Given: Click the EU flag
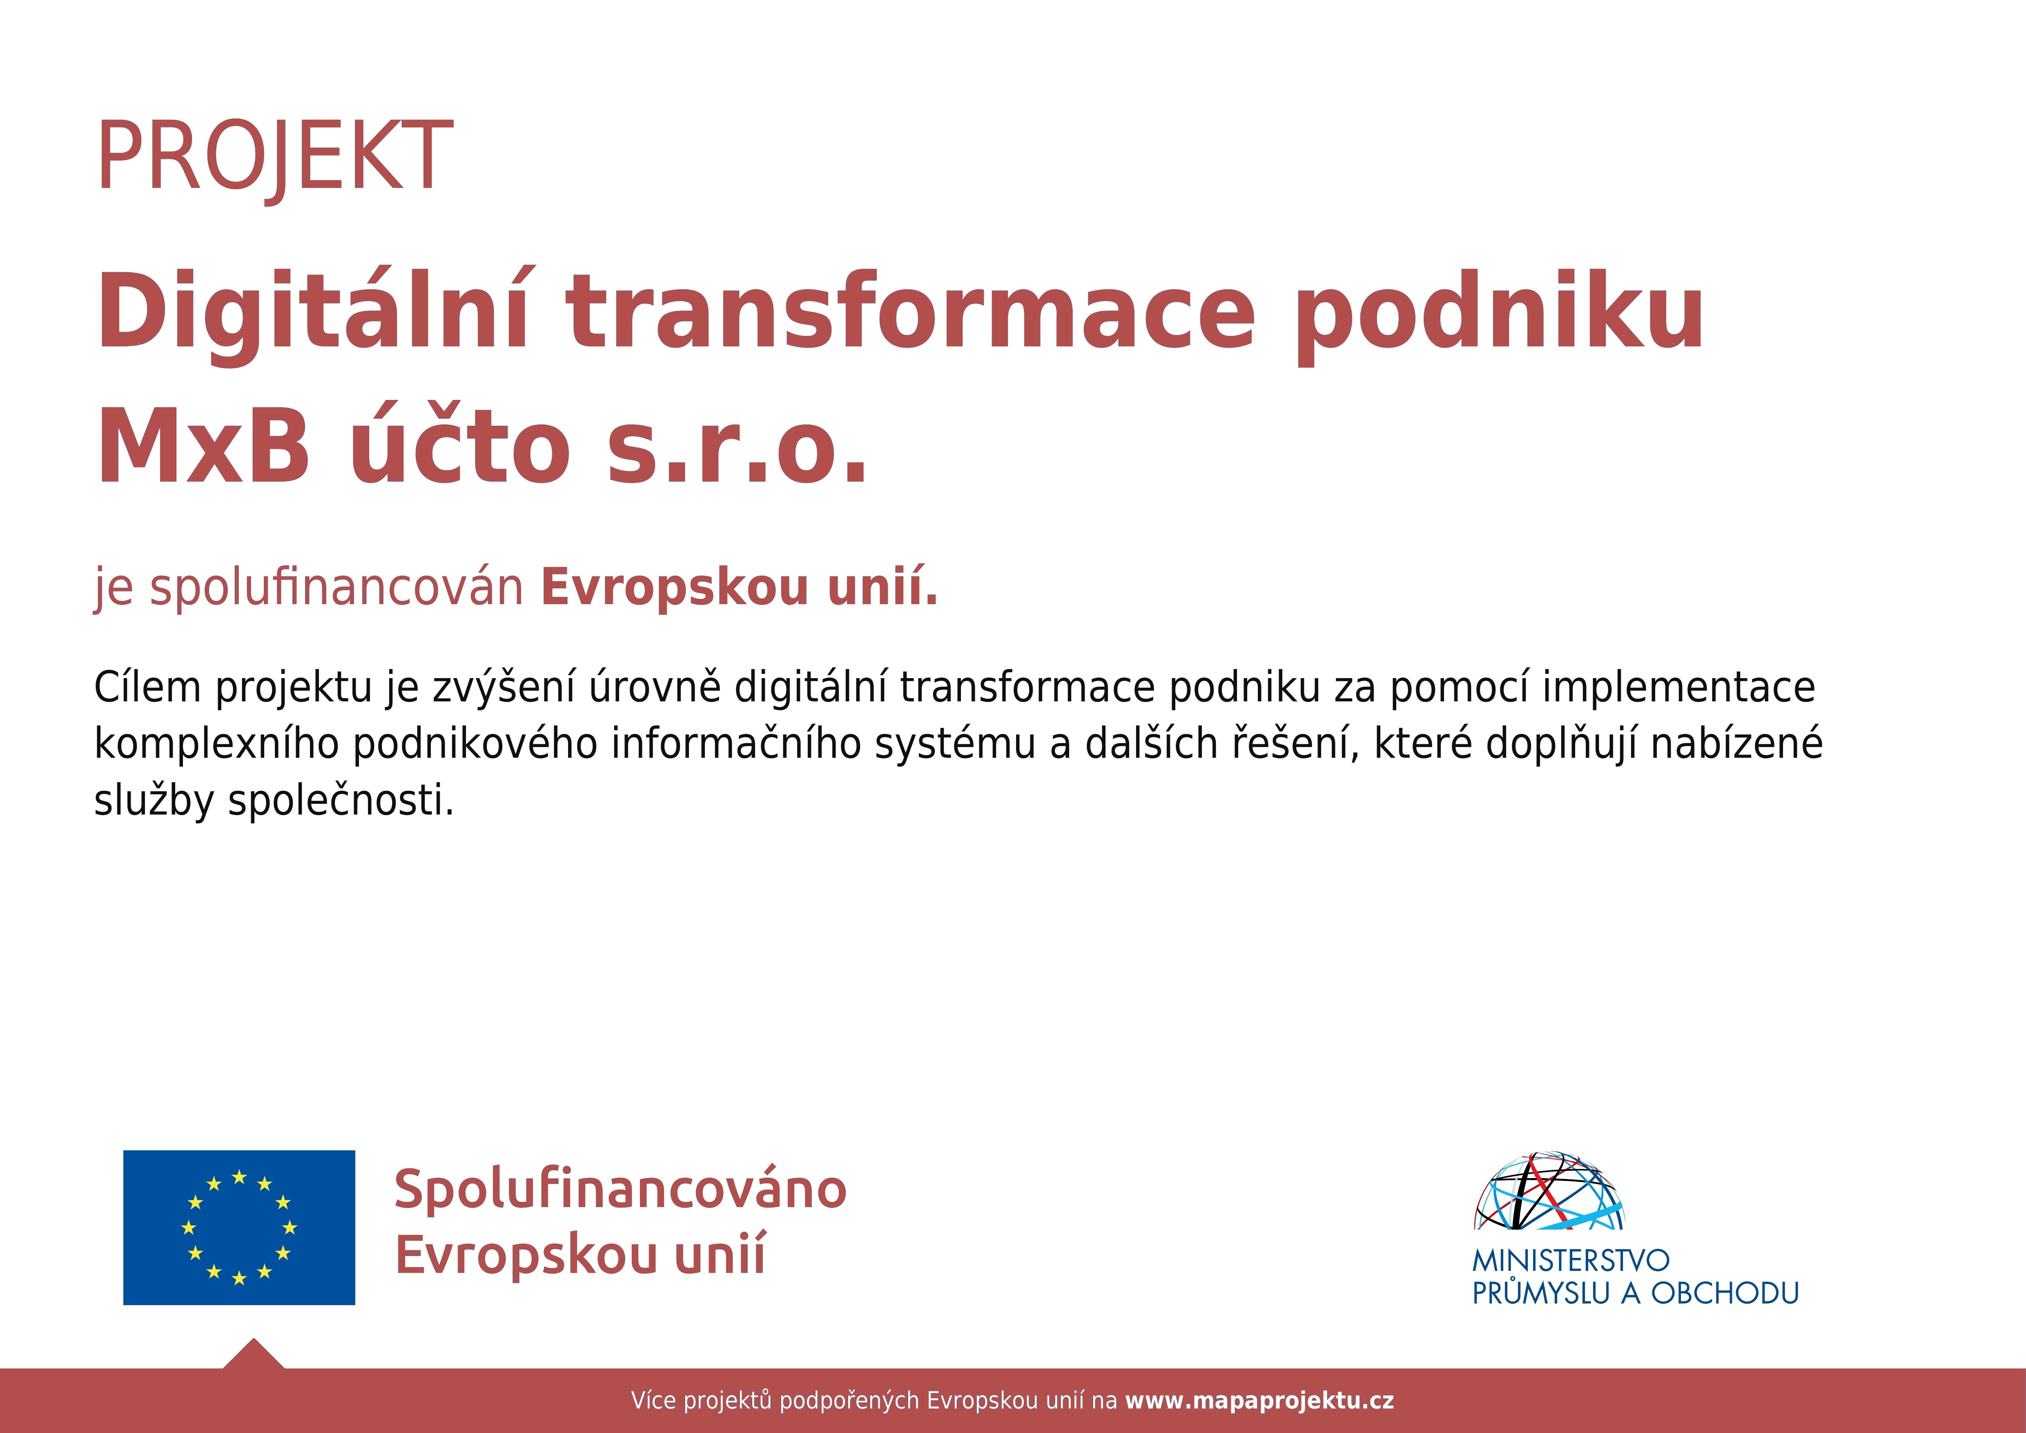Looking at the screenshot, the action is coord(239,1228).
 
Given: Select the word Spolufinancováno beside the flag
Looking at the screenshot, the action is coord(620,1190).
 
